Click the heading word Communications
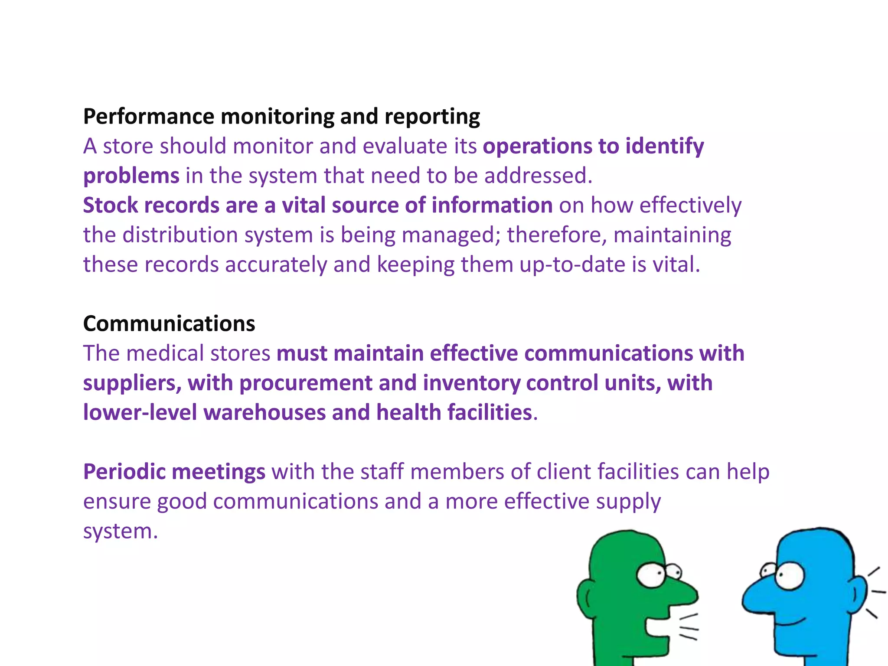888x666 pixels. [x=169, y=324]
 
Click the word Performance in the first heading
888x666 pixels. [x=148, y=117]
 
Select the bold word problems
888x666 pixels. [x=131, y=176]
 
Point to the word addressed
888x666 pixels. [x=538, y=176]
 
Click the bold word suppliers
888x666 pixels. [x=132, y=383]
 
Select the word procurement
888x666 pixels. [x=306, y=383]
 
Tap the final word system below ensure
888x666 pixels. [x=120, y=531]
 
